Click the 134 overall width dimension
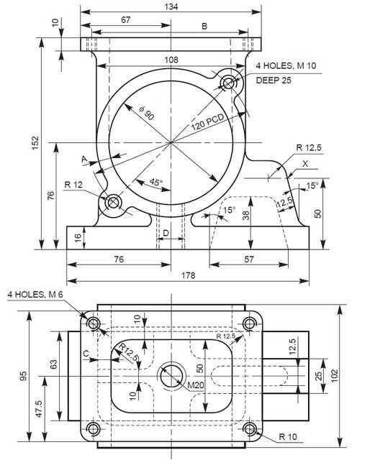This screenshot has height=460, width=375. [x=171, y=6]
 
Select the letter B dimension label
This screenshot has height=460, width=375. [x=204, y=26]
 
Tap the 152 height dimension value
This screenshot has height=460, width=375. [x=35, y=142]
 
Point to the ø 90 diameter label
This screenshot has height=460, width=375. [x=146, y=114]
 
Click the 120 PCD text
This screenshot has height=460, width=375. [x=208, y=122]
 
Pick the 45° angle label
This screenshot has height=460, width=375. [x=155, y=182]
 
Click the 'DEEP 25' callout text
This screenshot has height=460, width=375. [x=274, y=80]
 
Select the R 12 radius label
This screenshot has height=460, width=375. [x=73, y=185]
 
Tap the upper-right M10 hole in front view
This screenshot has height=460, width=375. [x=228, y=83]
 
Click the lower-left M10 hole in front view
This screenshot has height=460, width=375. [x=113, y=202]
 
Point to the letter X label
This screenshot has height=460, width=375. [x=305, y=164]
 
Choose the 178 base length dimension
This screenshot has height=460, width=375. [x=188, y=275]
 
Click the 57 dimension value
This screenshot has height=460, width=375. [x=249, y=259]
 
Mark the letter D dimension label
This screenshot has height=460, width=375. [x=166, y=233]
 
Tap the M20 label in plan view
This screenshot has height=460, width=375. [x=196, y=385]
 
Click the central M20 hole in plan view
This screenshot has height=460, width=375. [x=172, y=376]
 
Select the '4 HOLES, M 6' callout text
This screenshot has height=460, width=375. [x=35, y=294]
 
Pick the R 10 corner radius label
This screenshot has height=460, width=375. [x=288, y=437]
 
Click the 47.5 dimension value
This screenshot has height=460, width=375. [x=39, y=409]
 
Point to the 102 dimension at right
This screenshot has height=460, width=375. [x=335, y=376]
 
